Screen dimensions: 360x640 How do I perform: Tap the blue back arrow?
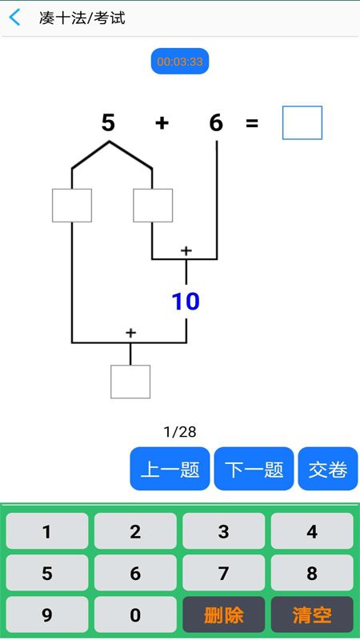pos(14,18)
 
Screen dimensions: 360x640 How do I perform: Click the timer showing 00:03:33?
pos(180,62)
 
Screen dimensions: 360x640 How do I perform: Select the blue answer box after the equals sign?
pos(302,123)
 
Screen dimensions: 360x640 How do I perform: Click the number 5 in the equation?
pos(108,122)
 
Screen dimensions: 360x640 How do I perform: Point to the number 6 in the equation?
pos(216,122)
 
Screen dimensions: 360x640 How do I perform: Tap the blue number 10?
pos(186,302)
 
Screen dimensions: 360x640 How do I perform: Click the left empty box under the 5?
pos(72,206)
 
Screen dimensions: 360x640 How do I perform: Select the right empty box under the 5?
pos(153,206)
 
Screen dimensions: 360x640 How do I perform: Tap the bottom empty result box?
pos(130,382)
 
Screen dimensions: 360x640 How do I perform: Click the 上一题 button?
pos(170,469)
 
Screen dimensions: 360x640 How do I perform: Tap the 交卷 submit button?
pos(328,469)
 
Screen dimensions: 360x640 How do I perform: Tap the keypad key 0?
pos(135,614)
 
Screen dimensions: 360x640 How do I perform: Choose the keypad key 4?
pos(312,531)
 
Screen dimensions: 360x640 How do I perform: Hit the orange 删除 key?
pos(224,614)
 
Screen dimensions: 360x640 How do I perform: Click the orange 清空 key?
pos(312,614)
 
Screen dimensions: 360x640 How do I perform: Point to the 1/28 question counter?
pos(180,432)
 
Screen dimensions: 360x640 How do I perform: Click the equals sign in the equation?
pos(252,123)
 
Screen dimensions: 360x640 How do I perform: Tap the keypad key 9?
pos(47,614)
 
